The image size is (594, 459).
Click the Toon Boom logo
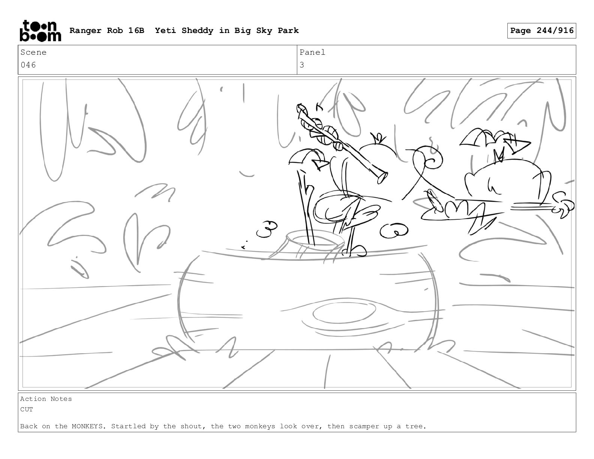[40, 31]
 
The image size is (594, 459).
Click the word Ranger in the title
[85, 31]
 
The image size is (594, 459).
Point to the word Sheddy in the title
[197, 30]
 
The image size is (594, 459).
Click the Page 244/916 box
[541, 31]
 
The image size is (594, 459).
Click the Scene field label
[33, 52]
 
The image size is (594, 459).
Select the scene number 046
[28, 65]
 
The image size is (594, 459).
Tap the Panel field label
[312, 52]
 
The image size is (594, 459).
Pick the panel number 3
[302, 65]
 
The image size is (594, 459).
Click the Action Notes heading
[46, 399]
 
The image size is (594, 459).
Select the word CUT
[27, 409]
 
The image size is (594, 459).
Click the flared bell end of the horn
[382, 177]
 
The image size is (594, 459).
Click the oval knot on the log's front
[344, 313]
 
